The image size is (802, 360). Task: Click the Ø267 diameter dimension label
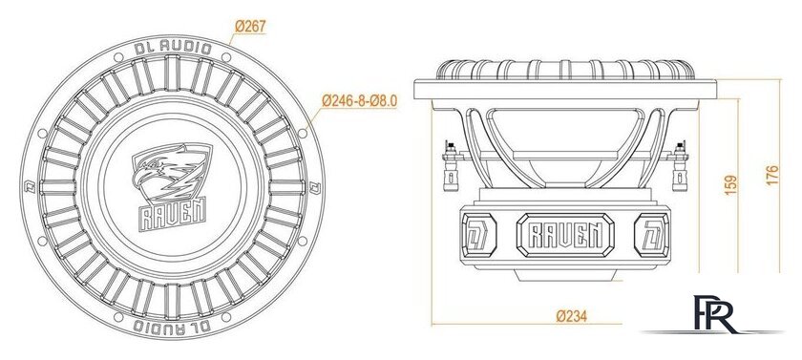(x=250, y=27)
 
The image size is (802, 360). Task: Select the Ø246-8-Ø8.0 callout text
(x=359, y=98)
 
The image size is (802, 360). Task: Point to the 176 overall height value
(x=772, y=177)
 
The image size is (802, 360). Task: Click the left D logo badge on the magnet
(x=475, y=234)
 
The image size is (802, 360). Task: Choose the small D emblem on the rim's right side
(x=311, y=184)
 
